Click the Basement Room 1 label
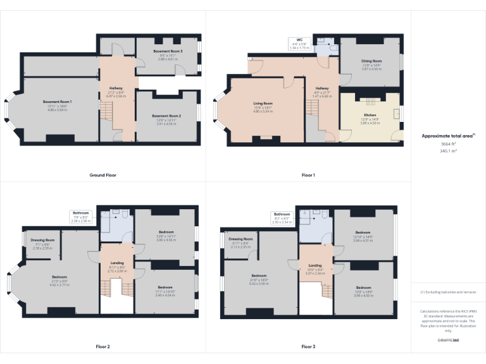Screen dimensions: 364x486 (58, 101)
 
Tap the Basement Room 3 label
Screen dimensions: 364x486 (168, 51)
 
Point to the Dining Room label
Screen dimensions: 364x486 (370, 61)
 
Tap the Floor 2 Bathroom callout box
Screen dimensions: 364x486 (81, 217)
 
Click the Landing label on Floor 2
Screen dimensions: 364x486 (117, 263)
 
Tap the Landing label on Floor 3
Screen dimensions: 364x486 (315, 265)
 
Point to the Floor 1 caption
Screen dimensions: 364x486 (308, 175)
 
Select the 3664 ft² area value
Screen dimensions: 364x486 (449, 144)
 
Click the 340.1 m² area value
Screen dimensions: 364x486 (449, 151)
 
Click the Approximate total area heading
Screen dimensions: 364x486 (447, 136)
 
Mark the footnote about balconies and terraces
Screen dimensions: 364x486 (448, 293)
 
